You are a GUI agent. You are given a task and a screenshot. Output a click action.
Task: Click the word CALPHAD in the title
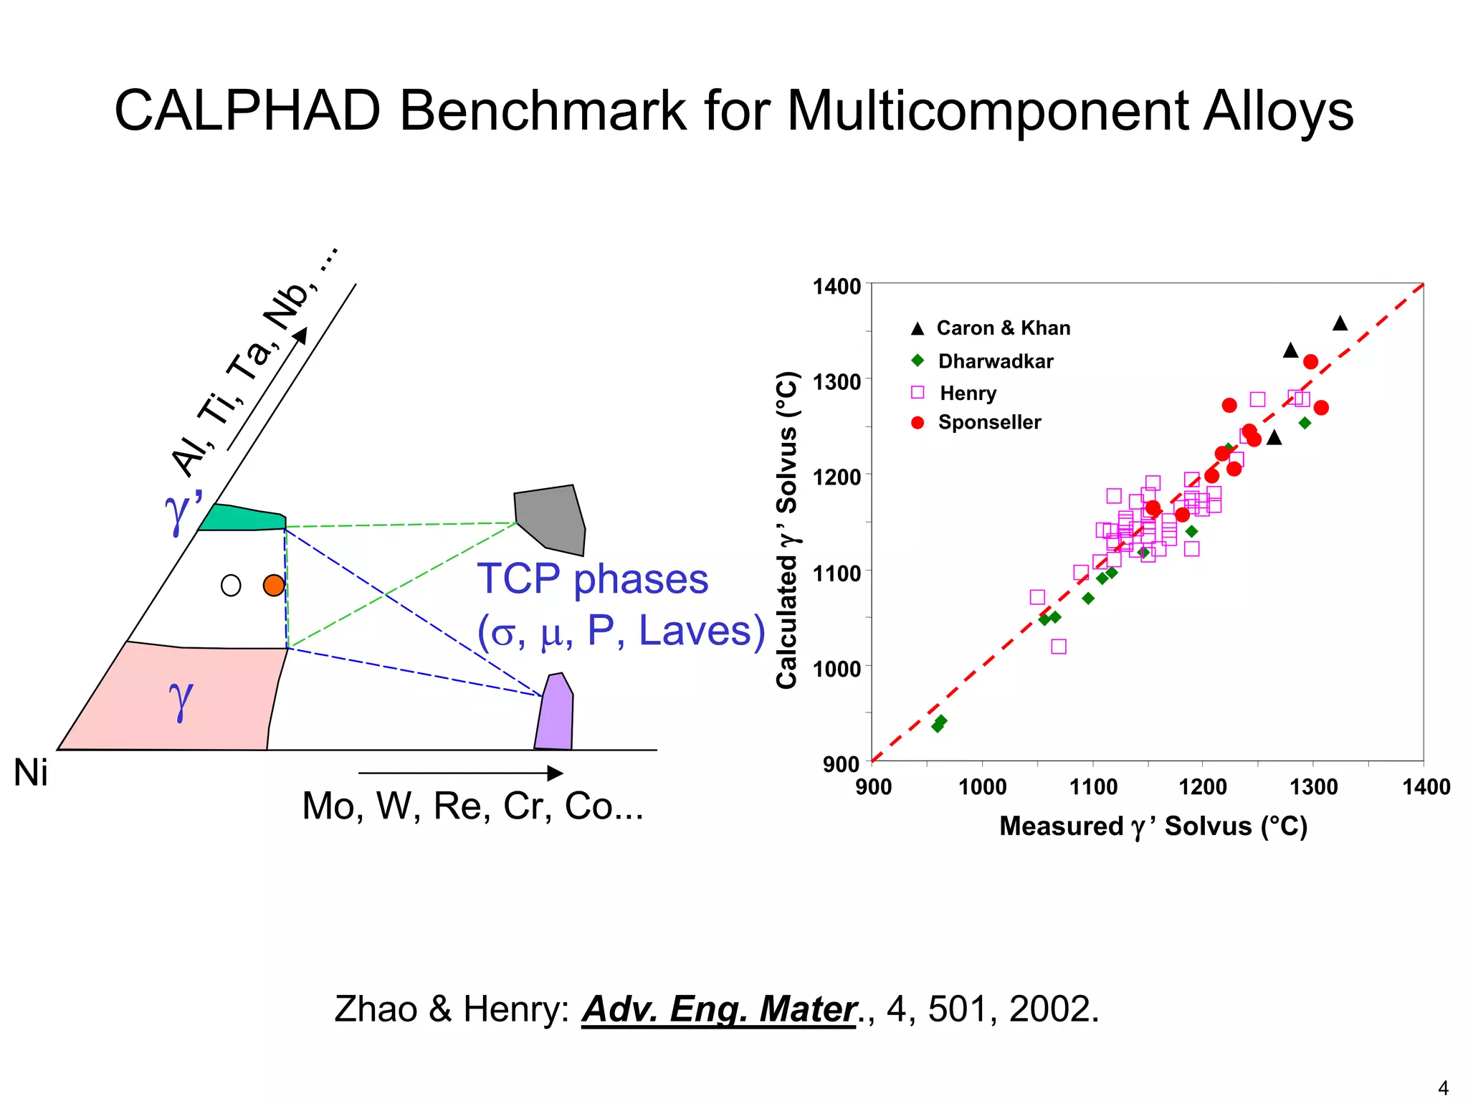click(247, 111)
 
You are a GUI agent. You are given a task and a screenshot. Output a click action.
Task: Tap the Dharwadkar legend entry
click(995, 361)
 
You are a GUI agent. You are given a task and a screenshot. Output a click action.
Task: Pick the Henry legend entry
click(968, 393)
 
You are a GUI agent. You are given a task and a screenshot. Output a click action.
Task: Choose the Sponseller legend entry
click(989, 422)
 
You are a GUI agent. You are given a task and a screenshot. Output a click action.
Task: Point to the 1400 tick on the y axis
click(837, 287)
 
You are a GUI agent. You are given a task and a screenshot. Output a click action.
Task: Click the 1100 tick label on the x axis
click(1093, 787)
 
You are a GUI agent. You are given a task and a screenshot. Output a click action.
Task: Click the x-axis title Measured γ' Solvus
click(1153, 826)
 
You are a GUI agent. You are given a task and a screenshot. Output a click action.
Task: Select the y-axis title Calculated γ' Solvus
click(788, 530)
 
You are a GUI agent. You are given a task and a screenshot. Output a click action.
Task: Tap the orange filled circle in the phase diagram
click(274, 586)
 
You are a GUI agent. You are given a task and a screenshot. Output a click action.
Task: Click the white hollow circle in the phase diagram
click(231, 586)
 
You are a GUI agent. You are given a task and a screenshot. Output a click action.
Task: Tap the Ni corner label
click(31, 774)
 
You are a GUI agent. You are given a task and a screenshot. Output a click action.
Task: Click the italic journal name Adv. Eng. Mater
click(719, 1009)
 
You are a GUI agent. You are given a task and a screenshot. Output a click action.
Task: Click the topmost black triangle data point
click(1340, 323)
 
